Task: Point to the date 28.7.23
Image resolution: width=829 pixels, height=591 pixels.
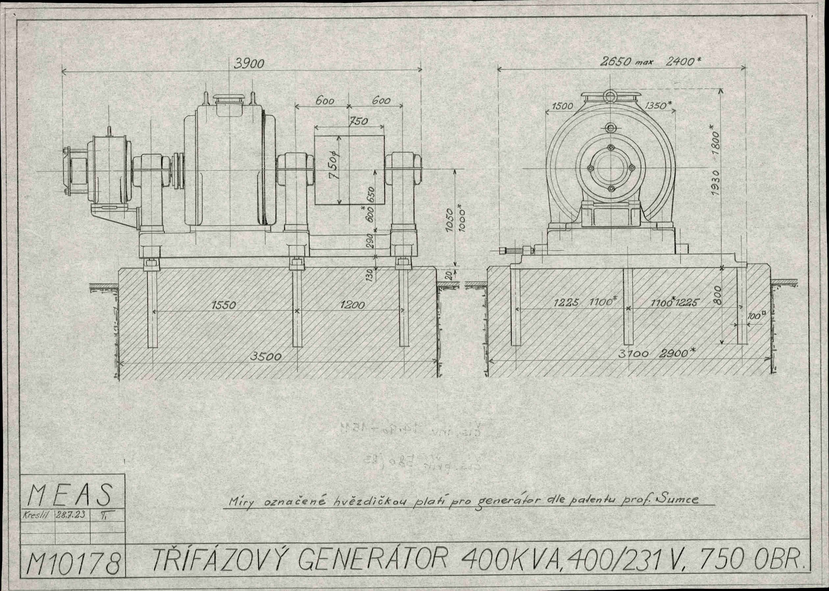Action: click(x=69, y=515)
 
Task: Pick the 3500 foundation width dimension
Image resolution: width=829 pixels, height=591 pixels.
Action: click(x=265, y=357)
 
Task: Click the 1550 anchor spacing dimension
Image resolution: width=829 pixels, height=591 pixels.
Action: click(x=224, y=305)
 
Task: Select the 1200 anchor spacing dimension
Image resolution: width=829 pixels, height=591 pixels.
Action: click(x=352, y=305)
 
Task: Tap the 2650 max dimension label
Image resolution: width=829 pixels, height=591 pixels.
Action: click(x=626, y=62)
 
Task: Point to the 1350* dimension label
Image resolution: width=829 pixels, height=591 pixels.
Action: click(x=659, y=106)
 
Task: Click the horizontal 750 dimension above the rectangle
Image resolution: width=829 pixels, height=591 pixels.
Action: click(x=359, y=121)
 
